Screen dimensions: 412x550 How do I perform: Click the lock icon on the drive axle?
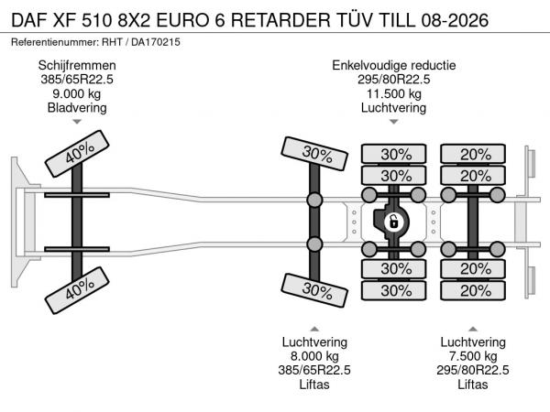click(x=393, y=222)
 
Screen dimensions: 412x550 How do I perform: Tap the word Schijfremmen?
click(x=77, y=66)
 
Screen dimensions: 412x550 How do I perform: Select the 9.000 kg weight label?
click(x=77, y=93)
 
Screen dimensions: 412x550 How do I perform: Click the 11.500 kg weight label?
click(x=393, y=93)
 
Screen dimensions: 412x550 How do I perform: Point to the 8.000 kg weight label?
click(x=314, y=356)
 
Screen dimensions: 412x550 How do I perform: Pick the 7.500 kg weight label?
click(x=473, y=356)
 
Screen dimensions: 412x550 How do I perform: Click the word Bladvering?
click(x=77, y=107)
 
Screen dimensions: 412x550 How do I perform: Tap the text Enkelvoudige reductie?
click(x=393, y=66)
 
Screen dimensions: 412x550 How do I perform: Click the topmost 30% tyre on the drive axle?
click(x=395, y=154)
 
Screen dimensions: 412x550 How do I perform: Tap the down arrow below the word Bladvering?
click(x=77, y=122)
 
